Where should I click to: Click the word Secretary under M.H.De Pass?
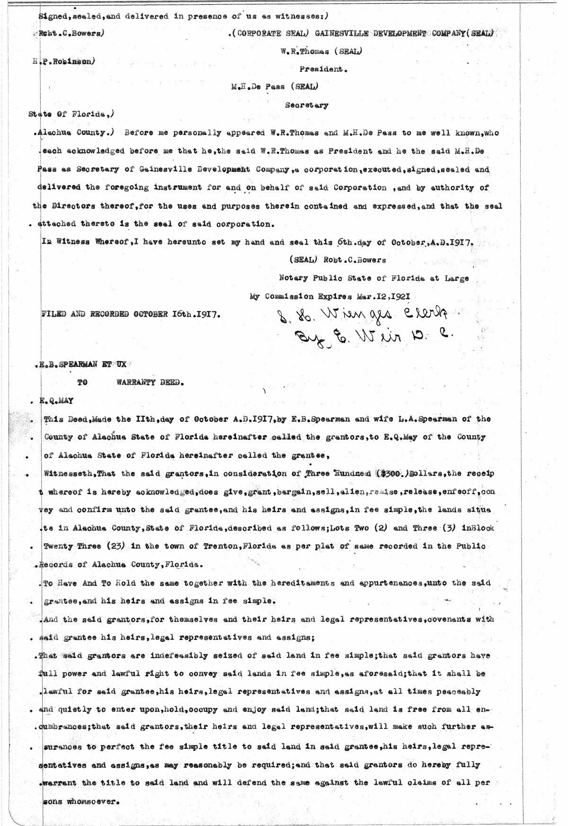pyautogui.click(x=307, y=106)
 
